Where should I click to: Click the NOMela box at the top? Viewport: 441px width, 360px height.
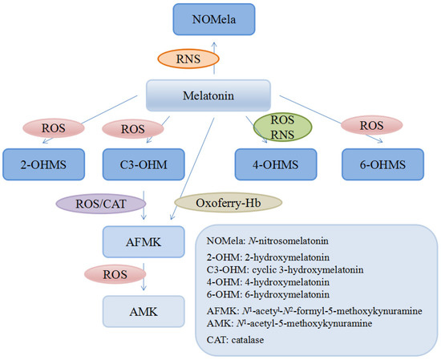pyautogui.click(x=214, y=19)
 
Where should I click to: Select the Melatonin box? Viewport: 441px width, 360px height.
pyautogui.click(x=208, y=95)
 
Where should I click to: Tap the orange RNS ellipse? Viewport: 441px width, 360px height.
pyautogui.click(x=188, y=59)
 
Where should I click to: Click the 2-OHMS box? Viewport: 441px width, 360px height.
pyautogui.click(x=43, y=164)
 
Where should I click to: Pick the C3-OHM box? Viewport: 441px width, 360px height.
pyautogui.click(x=144, y=164)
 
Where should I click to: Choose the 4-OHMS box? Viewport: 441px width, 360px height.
pyautogui.click(x=276, y=164)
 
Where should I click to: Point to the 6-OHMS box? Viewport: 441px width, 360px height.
pyautogui.click(x=382, y=164)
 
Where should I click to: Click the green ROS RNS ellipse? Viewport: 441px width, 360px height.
pyautogui.click(x=283, y=127)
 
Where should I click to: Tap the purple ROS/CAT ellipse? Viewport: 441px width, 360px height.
pyautogui.click(x=101, y=204)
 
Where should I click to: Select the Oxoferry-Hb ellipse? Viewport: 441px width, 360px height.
pyautogui.click(x=228, y=203)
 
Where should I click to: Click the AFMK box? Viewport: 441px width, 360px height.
pyautogui.click(x=144, y=242)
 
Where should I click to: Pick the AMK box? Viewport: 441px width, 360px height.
pyautogui.click(x=144, y=312)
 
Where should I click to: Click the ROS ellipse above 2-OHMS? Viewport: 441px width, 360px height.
pyautogui.click(x=54, y=128)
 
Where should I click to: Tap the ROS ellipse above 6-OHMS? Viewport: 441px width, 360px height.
pyautogui.click(x=372, y=125)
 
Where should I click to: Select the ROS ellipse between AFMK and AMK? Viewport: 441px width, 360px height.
pyautogui.click(x=115, y=274)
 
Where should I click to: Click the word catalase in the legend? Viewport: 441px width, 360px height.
pyautogui.click(x=248, y=340)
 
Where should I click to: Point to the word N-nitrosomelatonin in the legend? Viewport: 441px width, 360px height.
pyautogui.click(x=289, y=241)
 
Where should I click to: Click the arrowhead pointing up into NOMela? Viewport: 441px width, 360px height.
pyautogui.click(x=214, y=44)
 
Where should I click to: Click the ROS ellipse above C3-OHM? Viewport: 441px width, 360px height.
pyautogui.click(x=133, y=129)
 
